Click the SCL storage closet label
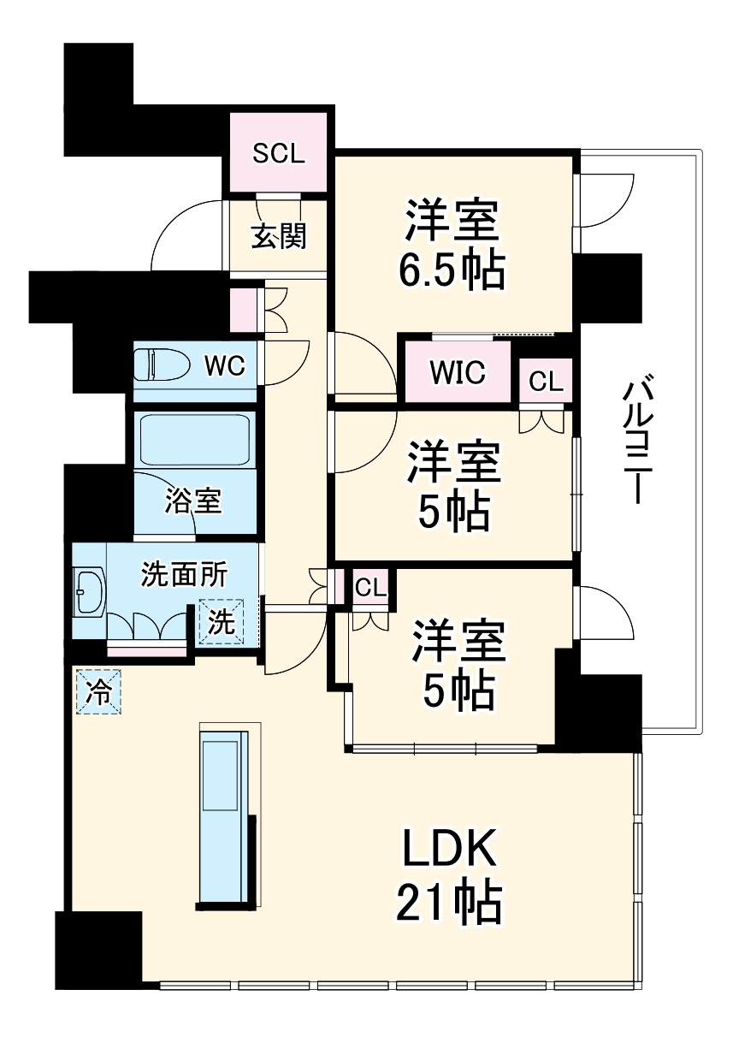(x=278, y=153)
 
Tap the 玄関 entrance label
(x=278, y=235)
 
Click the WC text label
(x=224, y=366)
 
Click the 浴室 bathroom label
(x=194, y=501)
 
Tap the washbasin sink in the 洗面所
(x=89, y=591)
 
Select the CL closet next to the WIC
(x=546, y=382)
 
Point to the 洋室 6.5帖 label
(x=451, y=245)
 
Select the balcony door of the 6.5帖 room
(x=603, y=201)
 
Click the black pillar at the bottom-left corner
(x=98, y=950)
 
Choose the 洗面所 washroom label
(x=183, y=575)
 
